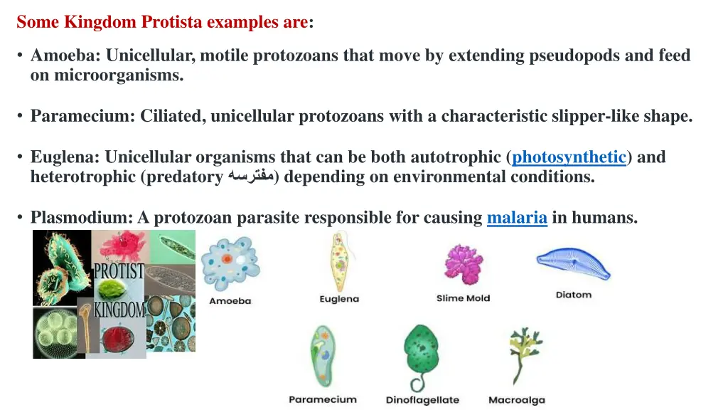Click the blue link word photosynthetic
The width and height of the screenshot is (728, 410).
[569, 157]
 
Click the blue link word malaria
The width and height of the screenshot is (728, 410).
[517, 218]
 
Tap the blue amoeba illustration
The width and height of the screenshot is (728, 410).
[230, 263]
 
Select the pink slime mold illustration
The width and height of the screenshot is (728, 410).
[464, 263]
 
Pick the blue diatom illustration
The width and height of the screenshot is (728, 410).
[572, 263]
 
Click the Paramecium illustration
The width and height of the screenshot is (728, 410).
[321, 357]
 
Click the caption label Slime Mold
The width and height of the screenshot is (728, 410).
[463, 298]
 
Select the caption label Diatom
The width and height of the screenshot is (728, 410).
[573, 295]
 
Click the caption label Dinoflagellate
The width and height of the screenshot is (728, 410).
[422, 400]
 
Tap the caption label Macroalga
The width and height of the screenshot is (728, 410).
[516, 400]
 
